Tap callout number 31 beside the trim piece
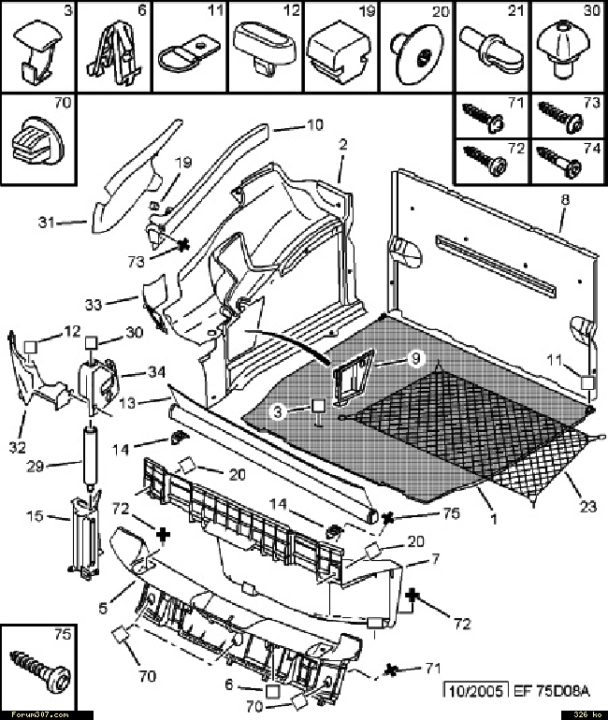coord(48,223)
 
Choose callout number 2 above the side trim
coord(343,145)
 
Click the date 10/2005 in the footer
coord(476,691)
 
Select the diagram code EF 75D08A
coord(551,691)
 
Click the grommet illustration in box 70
coord(36,136)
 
